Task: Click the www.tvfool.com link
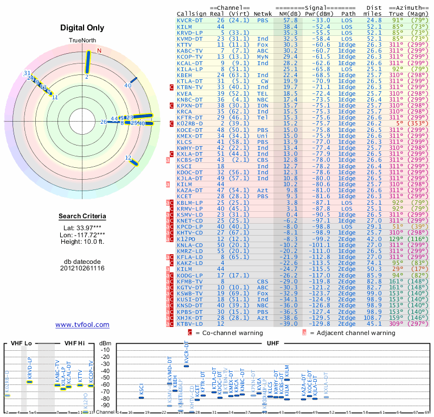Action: pyautogui.click(x=82, y=325)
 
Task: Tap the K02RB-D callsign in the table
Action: pyautogui.click(x=188, y=123)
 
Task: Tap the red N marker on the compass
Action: pyautogui.click(x=99, y=51)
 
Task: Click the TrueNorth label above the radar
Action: pyautogui.click(x=82, y=41)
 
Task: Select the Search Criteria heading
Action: pyautogui.click(x=82, y=217)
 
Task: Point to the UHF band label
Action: pyautogui.click(x=273, y=343)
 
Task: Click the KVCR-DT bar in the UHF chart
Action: pyautogui.click(x=187, y=365)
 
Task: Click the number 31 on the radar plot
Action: pyautogui.click(x=27, y=73)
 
